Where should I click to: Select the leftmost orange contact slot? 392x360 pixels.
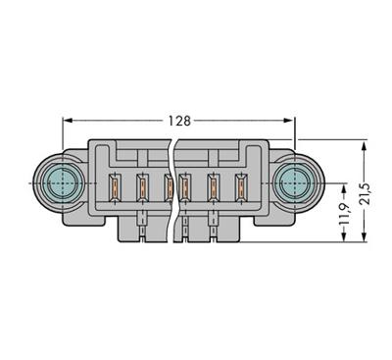pyautogui.click(x=115, y=183)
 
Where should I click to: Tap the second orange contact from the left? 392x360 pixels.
pyautogui.click(x=141, y=183)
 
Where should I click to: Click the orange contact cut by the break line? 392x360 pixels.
pyautogui.click(x=169, y=183)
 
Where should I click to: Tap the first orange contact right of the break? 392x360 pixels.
pyautogui.click(x=187, y=183)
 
